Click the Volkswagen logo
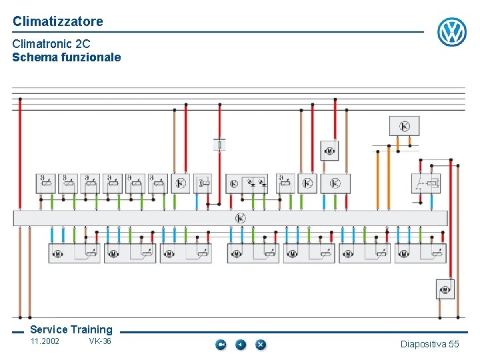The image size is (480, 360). (451, 31)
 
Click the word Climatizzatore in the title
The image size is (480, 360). (58, 21)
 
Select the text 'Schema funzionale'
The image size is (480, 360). (67, 57)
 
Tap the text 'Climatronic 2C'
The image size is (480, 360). (51, 44)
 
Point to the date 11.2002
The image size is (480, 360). (45, 342)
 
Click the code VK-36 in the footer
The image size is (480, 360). (100, 342)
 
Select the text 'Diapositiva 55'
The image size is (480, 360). (429, 344)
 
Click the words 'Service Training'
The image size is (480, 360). (71, 329)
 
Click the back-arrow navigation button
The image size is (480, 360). (241, 345)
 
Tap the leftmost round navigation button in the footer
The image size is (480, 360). (221, 345)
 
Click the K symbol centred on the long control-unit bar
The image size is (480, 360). (240, 218)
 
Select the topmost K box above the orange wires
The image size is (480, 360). (404, 126)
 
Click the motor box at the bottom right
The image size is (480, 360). (445, 289)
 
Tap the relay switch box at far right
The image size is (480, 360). (426, 183)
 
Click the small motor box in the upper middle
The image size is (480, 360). (329, 151)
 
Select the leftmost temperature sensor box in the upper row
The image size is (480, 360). (46, 183)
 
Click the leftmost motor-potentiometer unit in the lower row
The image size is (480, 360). (74, 253)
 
